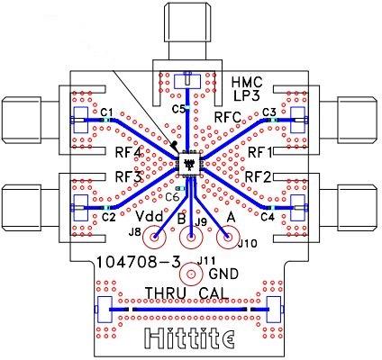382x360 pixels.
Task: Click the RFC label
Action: click(x=228, y=117)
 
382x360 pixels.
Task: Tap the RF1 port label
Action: click(x=260, y=153)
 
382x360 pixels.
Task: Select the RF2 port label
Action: click(x=259, y=177)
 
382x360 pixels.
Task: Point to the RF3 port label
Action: click(x=128, y=176)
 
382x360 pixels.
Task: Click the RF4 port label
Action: click(x=129, y=153)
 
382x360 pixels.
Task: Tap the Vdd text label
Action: click(x=150, y=216)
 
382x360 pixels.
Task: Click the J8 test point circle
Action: click(x=154, y=237)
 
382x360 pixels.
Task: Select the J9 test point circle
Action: click(x=191, y=237)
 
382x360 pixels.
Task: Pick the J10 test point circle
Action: click(x=228, y=237)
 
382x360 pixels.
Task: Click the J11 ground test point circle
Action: click(x=191, y=274)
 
